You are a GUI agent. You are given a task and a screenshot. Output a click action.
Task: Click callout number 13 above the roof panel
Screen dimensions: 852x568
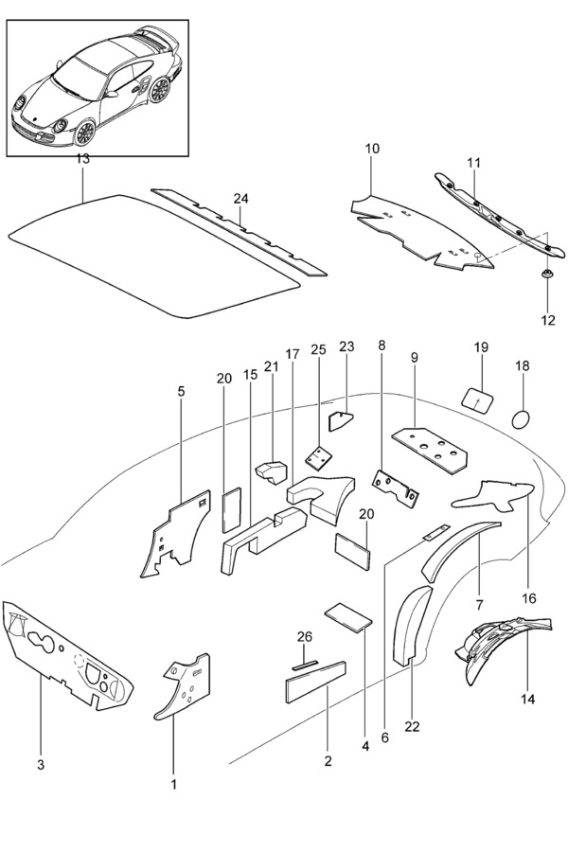(x=83, y=159)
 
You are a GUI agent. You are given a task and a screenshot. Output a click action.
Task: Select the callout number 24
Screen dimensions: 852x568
(x=240, y=199)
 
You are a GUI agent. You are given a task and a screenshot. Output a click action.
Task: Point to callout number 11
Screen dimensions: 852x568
(x=473, y=164)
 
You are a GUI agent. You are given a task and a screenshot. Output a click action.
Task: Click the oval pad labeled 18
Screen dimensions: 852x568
(x=522, y=417)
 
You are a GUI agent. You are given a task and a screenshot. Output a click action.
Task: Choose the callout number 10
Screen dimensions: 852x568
(x=372, y=150)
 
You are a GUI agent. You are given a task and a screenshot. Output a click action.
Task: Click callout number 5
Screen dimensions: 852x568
(x=181, y=391)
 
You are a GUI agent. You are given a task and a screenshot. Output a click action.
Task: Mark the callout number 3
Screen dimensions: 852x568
(x=41, y=762)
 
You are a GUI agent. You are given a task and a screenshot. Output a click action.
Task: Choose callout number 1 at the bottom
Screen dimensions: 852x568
(x=173, y=784)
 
